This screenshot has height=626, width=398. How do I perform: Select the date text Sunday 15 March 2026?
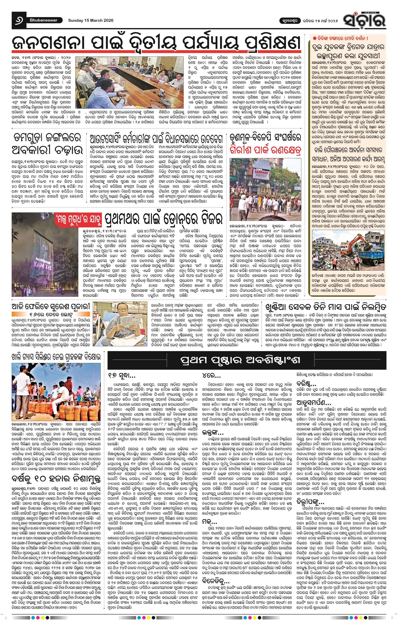click(x=91, y=20)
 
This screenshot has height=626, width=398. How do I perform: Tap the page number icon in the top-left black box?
click(x=19, y=20)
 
